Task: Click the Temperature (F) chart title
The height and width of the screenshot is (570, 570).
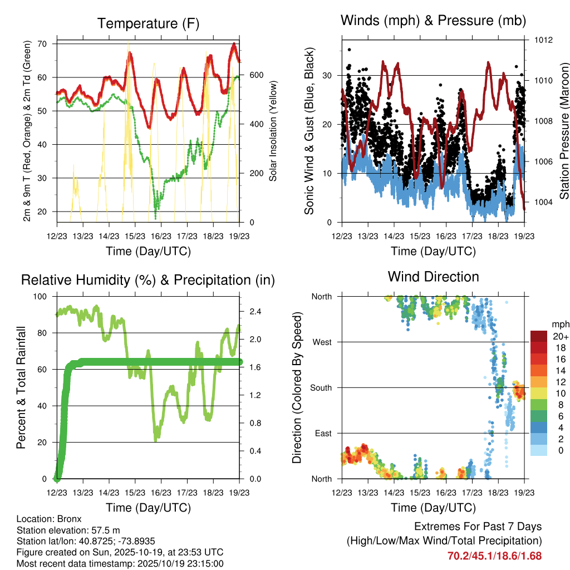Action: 148,23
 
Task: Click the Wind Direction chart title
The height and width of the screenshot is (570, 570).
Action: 433,276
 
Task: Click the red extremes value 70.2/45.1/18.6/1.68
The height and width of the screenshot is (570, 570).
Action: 494,556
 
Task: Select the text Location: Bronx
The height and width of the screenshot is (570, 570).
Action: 49,519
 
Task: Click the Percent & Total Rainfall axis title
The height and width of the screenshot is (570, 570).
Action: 21,387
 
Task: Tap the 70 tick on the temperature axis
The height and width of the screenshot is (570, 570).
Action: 42,43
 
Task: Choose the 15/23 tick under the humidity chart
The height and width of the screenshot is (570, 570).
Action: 135,492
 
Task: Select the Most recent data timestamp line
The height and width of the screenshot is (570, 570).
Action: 120,563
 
